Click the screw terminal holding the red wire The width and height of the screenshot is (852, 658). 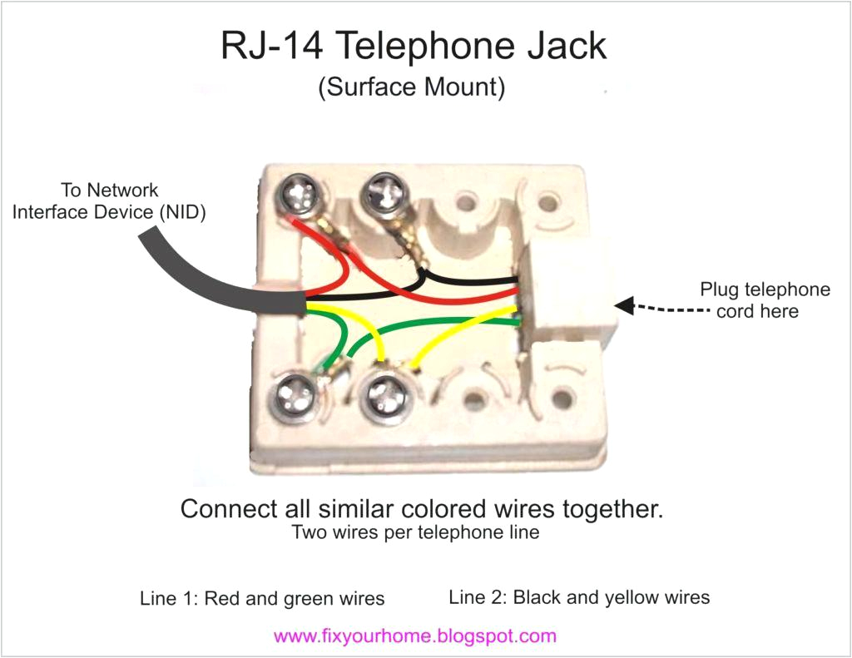[x=297, y=196]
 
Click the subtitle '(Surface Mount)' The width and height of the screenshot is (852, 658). [x=411, y=88]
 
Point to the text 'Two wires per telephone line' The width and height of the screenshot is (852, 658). [x=415, y=532]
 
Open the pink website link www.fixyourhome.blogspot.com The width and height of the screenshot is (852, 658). [x=414, y=637]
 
